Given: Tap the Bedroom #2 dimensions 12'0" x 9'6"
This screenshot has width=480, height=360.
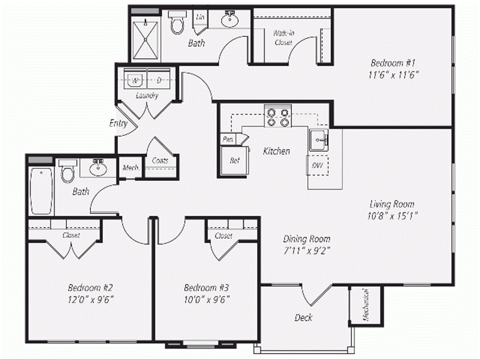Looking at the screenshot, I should click(x=90, y=299).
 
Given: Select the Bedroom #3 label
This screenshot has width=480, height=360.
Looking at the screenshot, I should click(x=207, y=287).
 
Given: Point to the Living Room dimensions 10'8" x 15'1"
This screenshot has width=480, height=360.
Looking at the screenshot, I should click(x=392, y=216).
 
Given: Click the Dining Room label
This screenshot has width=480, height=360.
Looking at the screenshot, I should click(x=307, y=239).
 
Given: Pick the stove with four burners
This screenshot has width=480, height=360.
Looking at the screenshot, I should click(x=277, y=117).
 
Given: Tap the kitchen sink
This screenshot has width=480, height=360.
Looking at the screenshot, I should click(x=320, y=140).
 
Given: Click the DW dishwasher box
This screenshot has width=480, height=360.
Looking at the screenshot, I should click(x=317, y=165).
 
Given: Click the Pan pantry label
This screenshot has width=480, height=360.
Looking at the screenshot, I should click(x=228, y=139).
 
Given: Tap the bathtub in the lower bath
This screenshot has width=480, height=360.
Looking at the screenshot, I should click(x=40, y=191).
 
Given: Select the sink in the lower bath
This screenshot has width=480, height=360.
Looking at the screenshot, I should click(x=97, y=168).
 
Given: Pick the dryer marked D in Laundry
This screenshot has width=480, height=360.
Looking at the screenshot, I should click(x=159, y=81).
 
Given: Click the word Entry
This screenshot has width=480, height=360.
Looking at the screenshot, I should click(x=118, y=124).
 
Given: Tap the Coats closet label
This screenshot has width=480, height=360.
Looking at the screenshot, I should click(x=160, y=160).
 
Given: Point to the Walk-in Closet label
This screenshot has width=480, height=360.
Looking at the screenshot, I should click(x=283, y=38).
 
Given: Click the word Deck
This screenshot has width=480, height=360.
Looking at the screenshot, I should click(x=303, y=317).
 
